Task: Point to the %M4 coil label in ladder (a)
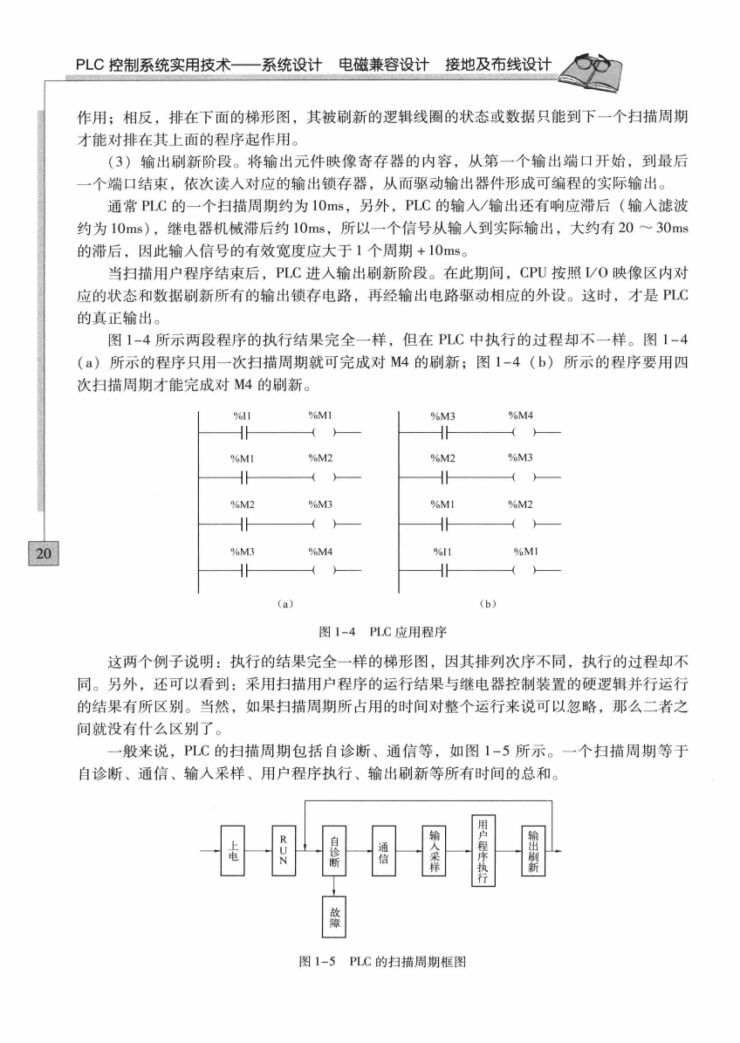coord(320,552)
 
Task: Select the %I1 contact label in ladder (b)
coord(443,552)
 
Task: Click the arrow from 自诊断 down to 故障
coord(334,883)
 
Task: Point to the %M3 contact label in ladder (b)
coord(443,415)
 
